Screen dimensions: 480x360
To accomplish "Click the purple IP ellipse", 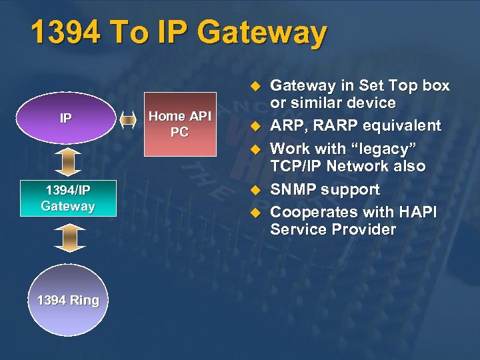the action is [x=65, y=119].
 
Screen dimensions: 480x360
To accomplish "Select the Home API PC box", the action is [x=179, y=124].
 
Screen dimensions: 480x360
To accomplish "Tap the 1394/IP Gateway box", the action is [x=67, y=198].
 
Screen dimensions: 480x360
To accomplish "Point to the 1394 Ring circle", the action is [x=67, y=300].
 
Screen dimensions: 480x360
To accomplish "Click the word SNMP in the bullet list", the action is [x=293, y=189].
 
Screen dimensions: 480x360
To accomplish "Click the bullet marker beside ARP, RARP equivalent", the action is [x=253, y=127].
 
